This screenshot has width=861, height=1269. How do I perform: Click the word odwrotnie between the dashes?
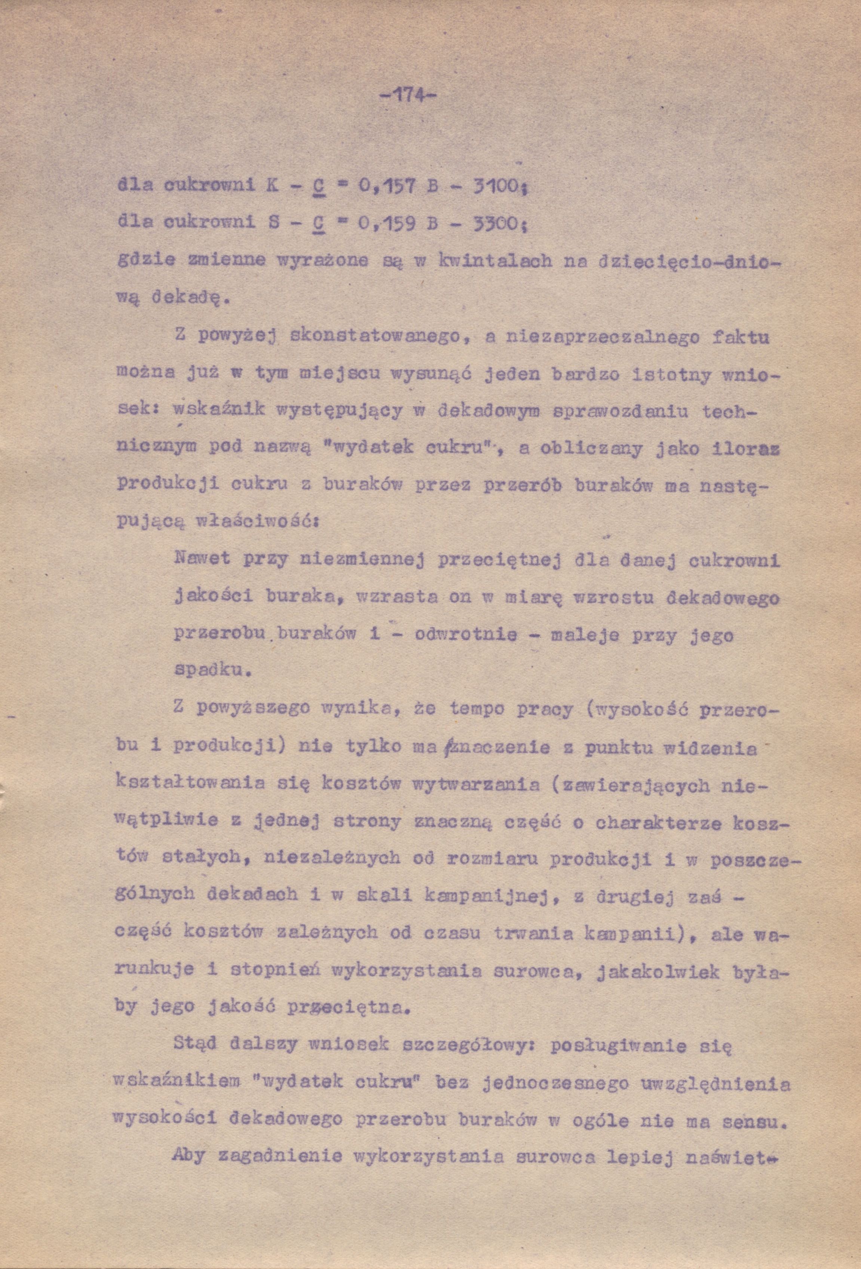[x=466, y=635]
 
